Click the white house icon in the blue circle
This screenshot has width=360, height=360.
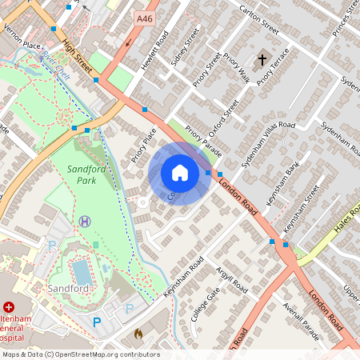pyautogui.click(x=180, y=173)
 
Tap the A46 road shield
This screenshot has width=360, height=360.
pyautogui.click(x=145, y=18)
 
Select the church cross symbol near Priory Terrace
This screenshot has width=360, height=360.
pyautogui.click(x=262, y=60)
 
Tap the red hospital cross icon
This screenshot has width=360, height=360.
pyautogui.click(x=9, y=306)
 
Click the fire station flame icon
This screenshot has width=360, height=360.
pyautogui.click(x=137, y=332)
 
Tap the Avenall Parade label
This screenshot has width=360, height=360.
pyautogui.click(x=299, y=321)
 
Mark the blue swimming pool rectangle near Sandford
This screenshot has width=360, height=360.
pyautogui.click(x=82, y=267)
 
